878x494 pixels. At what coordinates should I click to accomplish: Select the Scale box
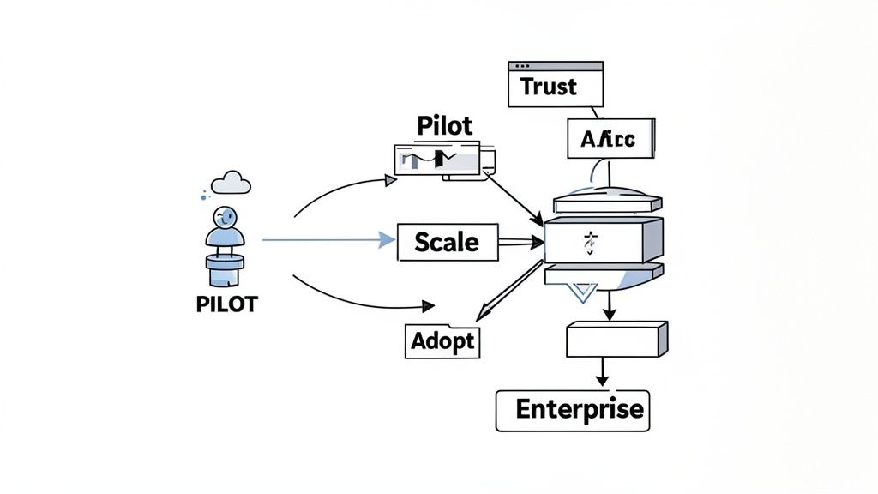447,242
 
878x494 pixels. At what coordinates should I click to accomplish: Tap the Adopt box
442,340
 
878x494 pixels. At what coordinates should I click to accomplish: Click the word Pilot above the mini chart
444,125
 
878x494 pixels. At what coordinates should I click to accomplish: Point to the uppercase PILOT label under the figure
226,304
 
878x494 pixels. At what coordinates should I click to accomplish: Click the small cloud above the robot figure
231,182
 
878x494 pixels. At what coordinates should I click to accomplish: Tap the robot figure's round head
225,215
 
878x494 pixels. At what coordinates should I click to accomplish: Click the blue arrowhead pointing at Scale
387,240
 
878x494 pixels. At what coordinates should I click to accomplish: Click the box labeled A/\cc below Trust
610,139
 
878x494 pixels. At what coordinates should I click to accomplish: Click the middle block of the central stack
604,240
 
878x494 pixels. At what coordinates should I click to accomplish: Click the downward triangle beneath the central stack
580,293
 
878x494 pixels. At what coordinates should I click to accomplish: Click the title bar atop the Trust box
556,66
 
